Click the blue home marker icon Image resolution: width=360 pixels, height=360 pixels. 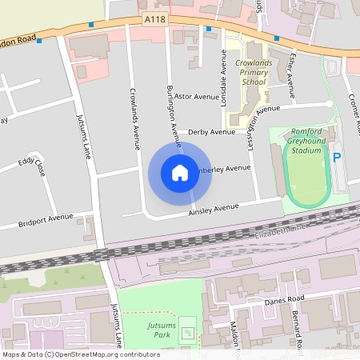pyautogui.click(x=180, y=172)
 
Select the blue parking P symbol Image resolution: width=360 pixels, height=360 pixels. pyautogui.click(x=337, y=158)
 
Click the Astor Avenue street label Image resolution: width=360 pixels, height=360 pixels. pyautogui.click(x=197, y=96)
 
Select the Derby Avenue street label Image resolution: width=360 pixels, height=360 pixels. pyautogui.click(x=212, y=132)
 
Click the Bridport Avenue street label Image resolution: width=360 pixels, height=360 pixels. pyautogui.click(x=45, y=220)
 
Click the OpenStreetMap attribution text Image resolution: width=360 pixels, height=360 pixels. pyautogui.click(x=80, y=354)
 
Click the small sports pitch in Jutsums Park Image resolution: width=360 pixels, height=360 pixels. pyautogui.click(x=188, y=329)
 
